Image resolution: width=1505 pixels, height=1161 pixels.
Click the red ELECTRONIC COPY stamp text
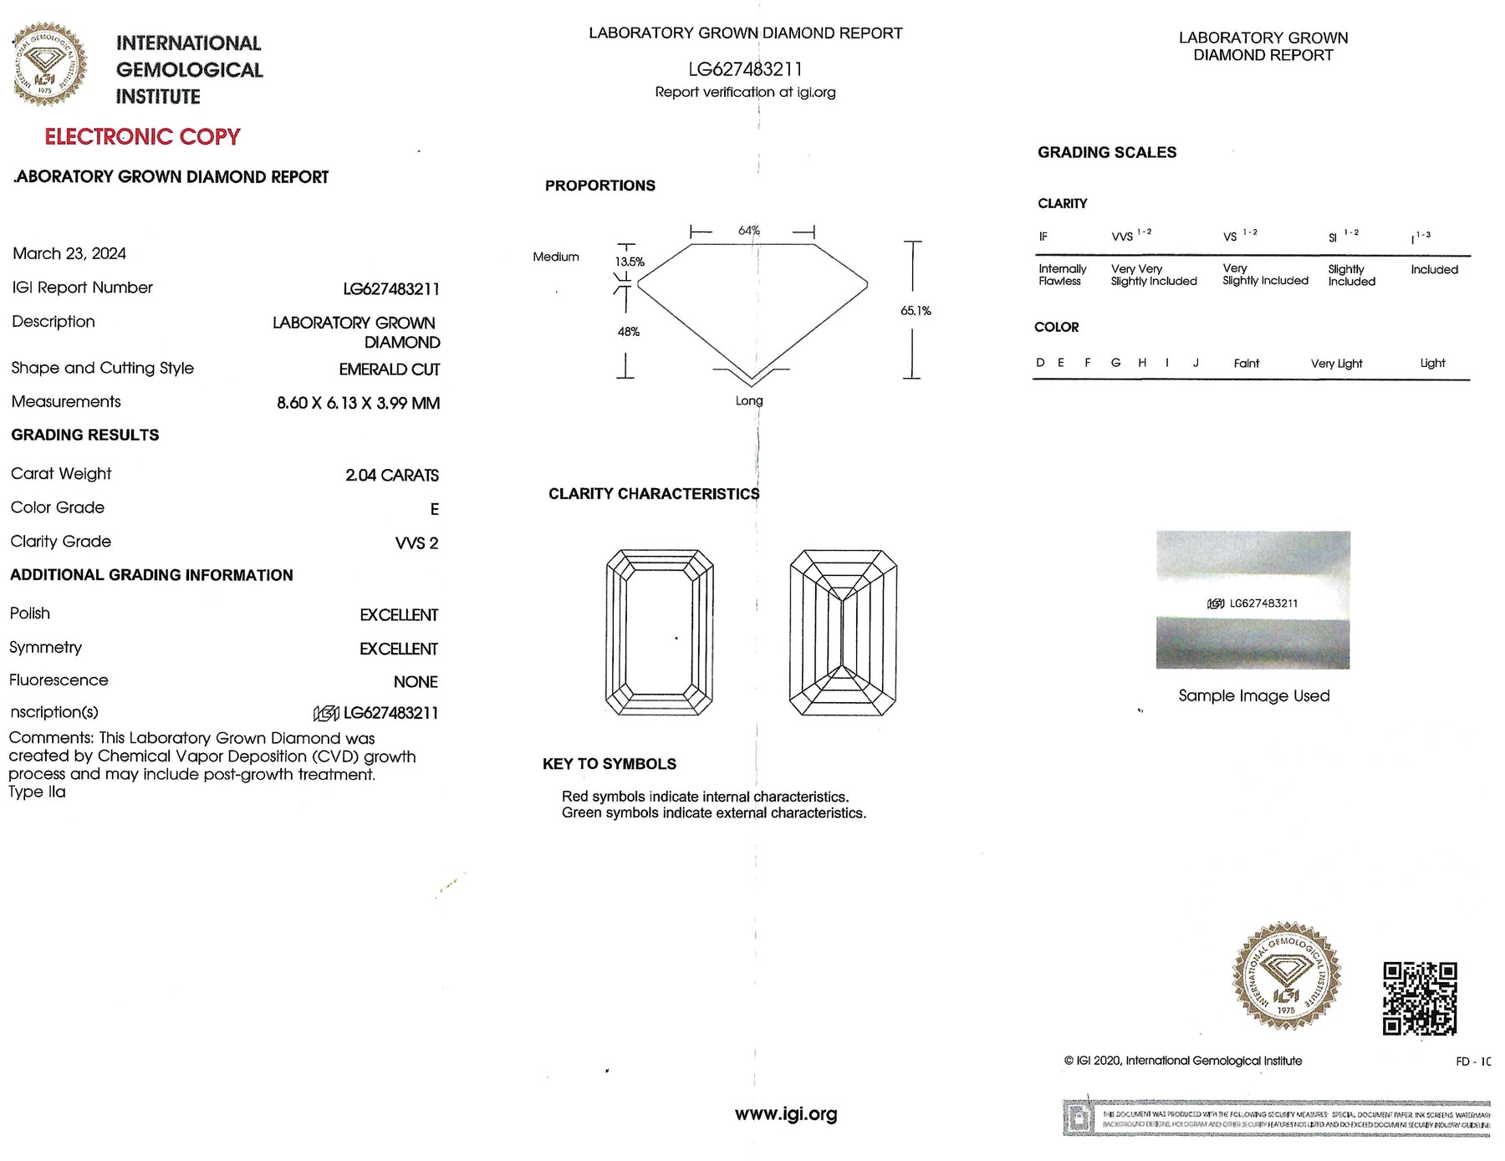point(142,137)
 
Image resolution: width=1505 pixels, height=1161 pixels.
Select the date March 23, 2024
point(69,253)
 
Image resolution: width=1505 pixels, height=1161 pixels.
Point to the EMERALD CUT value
point(389,369)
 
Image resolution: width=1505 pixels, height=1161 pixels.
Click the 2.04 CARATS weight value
point(391,476)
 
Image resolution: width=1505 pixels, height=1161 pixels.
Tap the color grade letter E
point(434,509)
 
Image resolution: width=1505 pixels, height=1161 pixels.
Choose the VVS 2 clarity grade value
point(416,543)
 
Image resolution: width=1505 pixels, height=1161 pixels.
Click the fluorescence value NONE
point(416,682)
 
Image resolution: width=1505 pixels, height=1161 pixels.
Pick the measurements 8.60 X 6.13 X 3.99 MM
point(358,403)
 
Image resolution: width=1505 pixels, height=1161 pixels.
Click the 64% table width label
point(748,230)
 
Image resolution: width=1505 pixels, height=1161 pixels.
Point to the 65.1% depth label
point(916,311)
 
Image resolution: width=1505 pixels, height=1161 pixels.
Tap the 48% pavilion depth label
point(628,332)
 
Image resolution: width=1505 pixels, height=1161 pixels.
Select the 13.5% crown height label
point(630,262)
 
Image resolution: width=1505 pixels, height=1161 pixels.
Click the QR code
point(1419,998)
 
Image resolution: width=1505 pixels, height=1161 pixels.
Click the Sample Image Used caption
point(1253,695)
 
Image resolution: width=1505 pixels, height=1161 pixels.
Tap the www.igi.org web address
point(785,1114)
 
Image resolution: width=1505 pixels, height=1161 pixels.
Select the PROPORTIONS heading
point(599,186)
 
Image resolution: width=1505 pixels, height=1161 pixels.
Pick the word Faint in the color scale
point(1246,363)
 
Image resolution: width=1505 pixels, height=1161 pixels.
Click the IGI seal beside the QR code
point(1286,975)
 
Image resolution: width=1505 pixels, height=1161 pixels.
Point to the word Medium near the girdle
point(555,257)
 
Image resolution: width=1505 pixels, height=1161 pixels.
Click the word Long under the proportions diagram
point(748,401)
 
